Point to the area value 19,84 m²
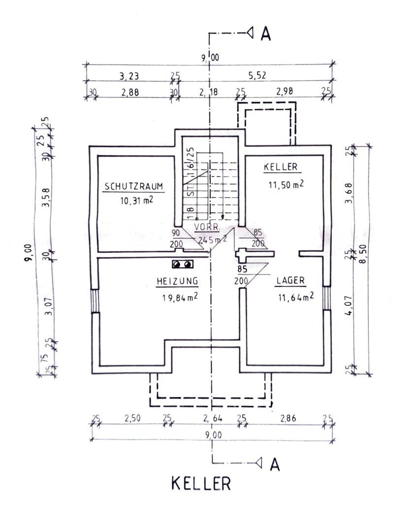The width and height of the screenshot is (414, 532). pos(179,297)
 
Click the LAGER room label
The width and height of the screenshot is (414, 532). pos(290,281)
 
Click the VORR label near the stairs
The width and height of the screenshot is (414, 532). pos(206,228)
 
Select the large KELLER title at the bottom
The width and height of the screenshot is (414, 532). pos(201,483)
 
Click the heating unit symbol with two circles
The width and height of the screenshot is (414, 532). pos(182,264)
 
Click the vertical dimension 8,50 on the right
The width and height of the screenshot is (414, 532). pos(363,260)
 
